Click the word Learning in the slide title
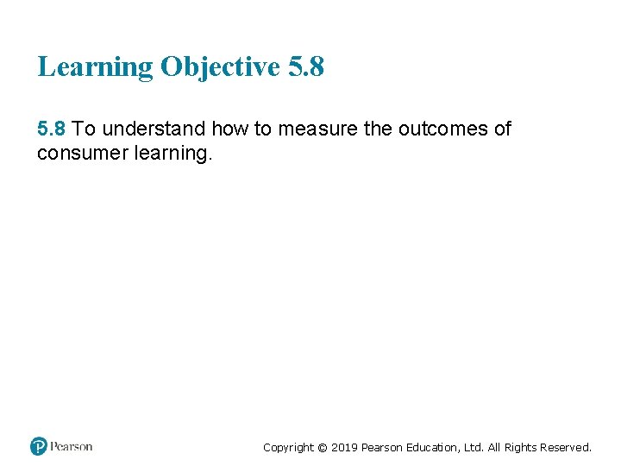[x=95, y=67]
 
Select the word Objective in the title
[x=220, y=67]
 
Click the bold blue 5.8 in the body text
[x=52, y=129]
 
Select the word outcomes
[x=441, y=129]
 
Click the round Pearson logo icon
[x=38, y=446]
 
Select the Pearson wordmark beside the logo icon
[x=72, y=446]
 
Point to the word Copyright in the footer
[x=288, y=447]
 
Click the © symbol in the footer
[x=323, y=447]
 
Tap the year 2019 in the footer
[x=344, y=447]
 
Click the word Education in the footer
[x=436, y=447]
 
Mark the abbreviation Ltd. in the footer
[x=477, y=447]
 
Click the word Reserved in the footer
[x=567, y=447]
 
